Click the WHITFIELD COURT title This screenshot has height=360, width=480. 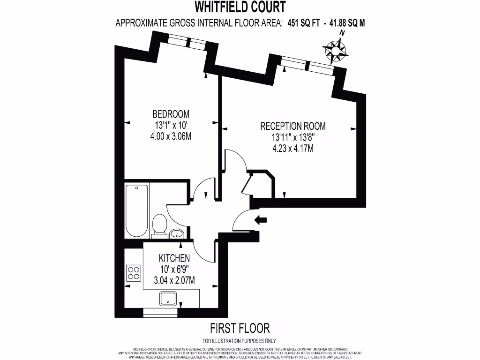(x=240, y=7)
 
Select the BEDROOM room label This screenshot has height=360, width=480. (x=171, y=114)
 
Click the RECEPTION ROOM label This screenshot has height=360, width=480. (x=293, y=126)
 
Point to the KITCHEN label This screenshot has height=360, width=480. (x=174, y=258)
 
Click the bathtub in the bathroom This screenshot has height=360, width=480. (x=137, y=210)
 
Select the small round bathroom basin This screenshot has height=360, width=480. (x=177, y=233)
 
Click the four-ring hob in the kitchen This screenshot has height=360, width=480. (x=134, y=272)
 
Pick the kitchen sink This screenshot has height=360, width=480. (x=169, y=298)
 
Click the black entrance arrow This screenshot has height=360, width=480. (x=260, y=219)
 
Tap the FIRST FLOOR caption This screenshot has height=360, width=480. (x=240, y=328)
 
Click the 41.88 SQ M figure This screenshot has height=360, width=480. (x=347, y=22)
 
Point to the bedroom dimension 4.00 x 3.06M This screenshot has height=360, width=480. (x=171, y=136)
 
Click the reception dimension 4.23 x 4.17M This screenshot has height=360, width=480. (x=293, y=149)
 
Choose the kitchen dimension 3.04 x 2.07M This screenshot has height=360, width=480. (x=174, y=280)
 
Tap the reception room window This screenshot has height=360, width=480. (x=307, y=66)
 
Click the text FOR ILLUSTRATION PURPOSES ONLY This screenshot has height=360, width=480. (x=240, y=341)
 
